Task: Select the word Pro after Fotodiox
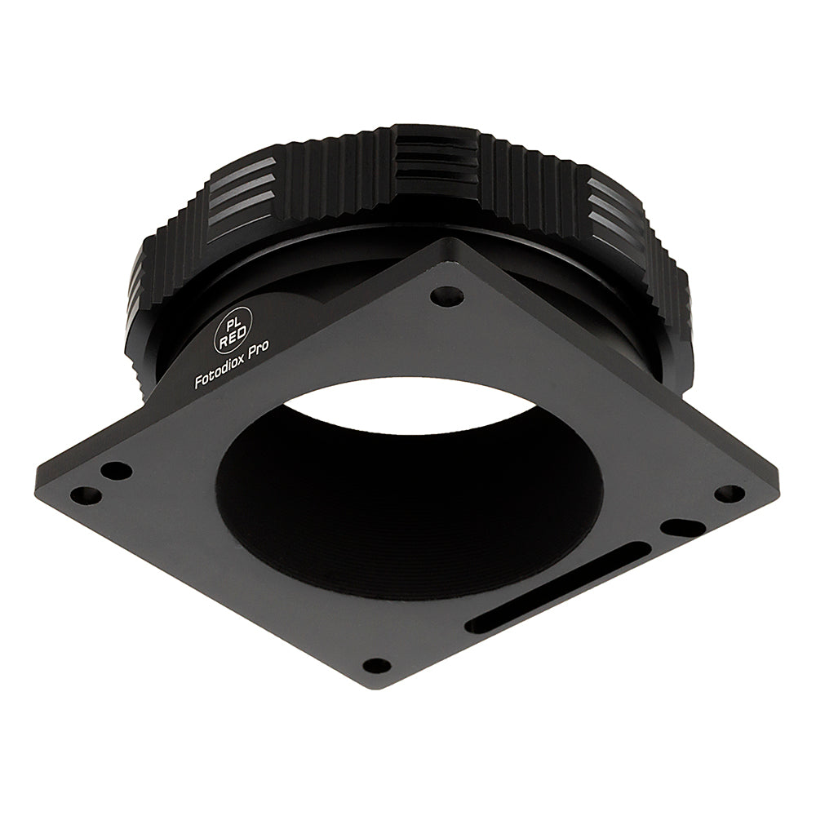point(257,350)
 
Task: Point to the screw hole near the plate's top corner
point(447,298)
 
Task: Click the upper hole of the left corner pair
point(116,472)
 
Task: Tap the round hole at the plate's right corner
point(730,494)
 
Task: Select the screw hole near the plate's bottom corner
point(377,665)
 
